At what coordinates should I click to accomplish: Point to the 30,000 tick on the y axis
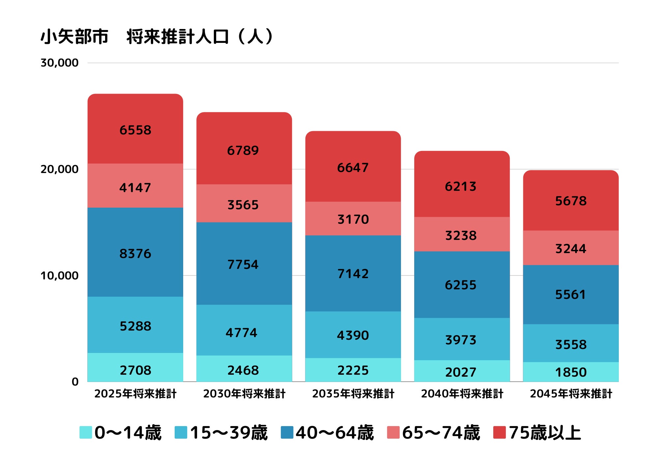point(59,63)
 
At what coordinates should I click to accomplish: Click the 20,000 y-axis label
point(59,169)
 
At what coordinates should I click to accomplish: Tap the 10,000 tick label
point(59,276)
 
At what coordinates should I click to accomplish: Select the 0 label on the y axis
point(75,382)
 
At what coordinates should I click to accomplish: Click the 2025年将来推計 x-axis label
point(135,393)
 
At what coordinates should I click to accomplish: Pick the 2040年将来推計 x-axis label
point(462,393)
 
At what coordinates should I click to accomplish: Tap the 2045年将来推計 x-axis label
point(571,393)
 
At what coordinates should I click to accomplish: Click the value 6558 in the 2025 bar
point(135,130)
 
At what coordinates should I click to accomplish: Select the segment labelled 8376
point(135,253)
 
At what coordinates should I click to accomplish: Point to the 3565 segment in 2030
point(243,205)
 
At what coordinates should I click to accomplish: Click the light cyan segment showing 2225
point(353,370)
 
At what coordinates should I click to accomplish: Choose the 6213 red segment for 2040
point(461,186)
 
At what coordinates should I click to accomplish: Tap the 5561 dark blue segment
point(571,294)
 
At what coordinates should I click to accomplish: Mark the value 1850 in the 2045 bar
point(571,372)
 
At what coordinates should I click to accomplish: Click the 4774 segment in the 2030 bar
point(242,333)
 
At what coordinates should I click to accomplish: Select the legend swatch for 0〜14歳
point(86,432)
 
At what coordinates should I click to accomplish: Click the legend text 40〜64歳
point(334,432)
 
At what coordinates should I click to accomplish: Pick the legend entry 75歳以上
point(544,432)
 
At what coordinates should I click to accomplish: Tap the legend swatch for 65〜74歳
point(393,432)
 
